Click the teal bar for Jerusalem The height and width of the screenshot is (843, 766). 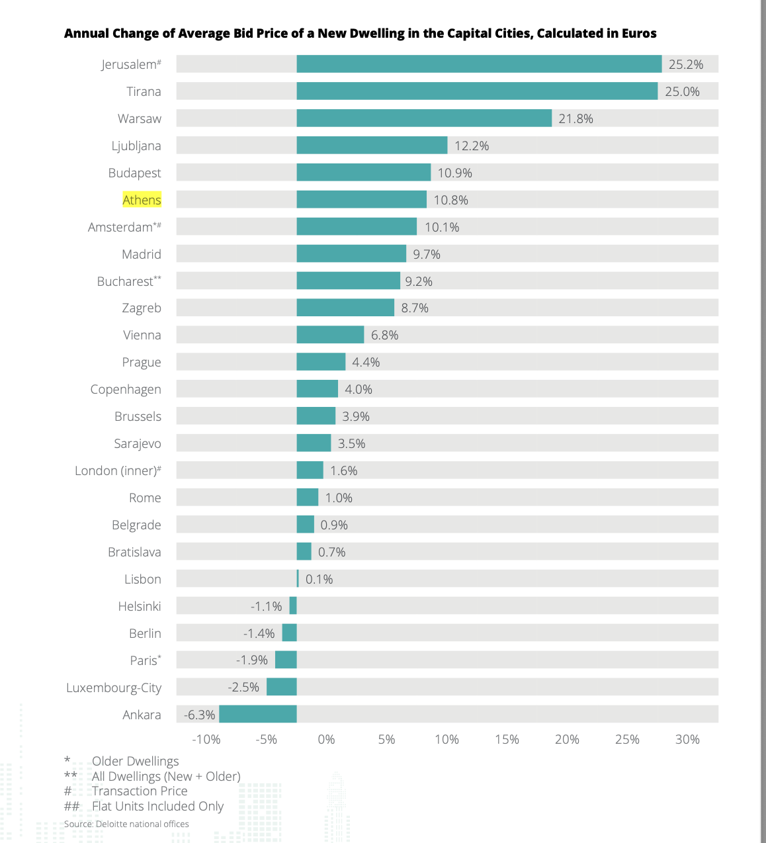[479, 64]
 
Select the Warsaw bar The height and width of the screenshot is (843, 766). [424, 118]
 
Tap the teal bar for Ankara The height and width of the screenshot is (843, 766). [258, 715]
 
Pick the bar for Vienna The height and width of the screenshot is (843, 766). [330, 335]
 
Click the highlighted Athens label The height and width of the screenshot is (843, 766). [142, 200]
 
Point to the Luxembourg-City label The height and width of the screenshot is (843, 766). [114, 688]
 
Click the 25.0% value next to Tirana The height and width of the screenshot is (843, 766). [682, 91]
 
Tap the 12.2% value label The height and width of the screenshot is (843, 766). [472, 146]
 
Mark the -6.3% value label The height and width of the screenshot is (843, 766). [200, 715]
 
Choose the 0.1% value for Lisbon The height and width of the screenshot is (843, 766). [319, 579]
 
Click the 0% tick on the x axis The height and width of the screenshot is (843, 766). [326, 739]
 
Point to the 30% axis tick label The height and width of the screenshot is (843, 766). [687, 739]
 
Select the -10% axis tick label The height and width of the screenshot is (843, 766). [206, 739]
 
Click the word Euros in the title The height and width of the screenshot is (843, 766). [639, 33]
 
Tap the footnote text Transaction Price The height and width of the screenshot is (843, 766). [140, 791]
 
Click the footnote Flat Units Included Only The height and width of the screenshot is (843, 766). [157, 806]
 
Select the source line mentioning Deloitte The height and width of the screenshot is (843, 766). [126, 824]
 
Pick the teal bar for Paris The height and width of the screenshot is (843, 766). [286, 660]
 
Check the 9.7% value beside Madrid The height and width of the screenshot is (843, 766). [427, 254]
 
